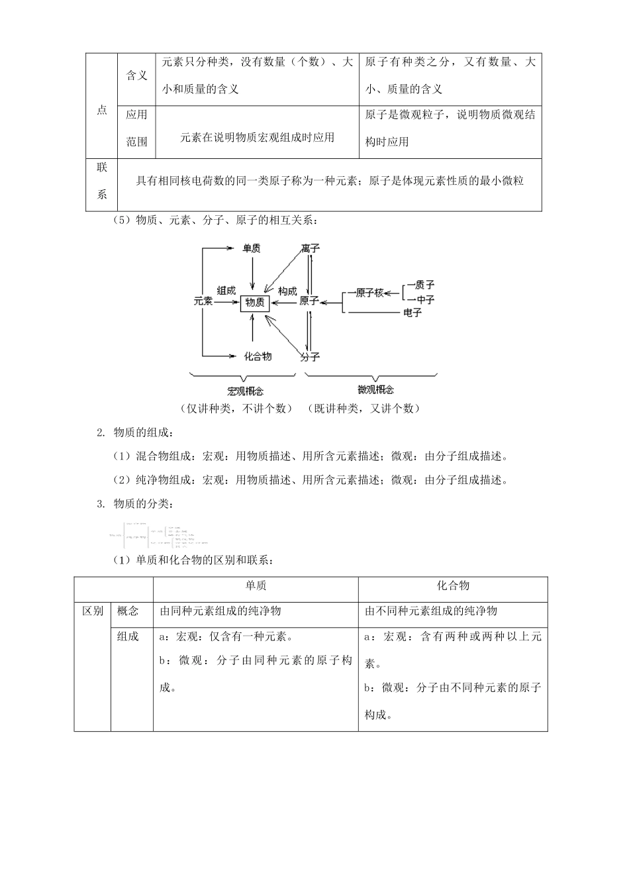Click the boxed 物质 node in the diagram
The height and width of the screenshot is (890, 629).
[255, 302]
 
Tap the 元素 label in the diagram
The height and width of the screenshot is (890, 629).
[203, 301]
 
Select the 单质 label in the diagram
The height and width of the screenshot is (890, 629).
[251, 248]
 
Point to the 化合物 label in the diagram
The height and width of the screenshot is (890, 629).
[258, 356]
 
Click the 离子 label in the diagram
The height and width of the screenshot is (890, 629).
[310, 248]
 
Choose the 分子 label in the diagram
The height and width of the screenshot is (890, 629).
[310, 357]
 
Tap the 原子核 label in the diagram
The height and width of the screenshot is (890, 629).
[369, 293]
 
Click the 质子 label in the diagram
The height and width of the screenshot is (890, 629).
[424, 285]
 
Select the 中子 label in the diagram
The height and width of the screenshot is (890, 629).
[424, 300]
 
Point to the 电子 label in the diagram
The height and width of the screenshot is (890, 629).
[412, 313]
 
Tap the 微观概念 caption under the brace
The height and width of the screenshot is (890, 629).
[375, 390]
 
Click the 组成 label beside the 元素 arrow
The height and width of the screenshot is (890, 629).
[226, 291]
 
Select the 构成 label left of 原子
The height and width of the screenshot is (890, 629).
[287, 291]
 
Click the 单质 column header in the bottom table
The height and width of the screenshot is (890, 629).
[256, 586]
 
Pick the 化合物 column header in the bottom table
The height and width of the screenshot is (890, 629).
[453, 586]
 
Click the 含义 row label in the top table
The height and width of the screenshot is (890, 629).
[136, 75]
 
